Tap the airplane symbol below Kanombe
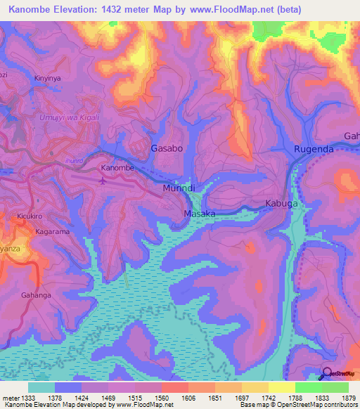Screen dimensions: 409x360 tap(105, 181)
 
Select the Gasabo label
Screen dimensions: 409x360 tap(167, 149)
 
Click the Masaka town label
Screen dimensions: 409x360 tap(199, 213)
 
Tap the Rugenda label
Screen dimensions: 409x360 tap(314, 149)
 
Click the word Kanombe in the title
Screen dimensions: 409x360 tap(34, 10)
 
